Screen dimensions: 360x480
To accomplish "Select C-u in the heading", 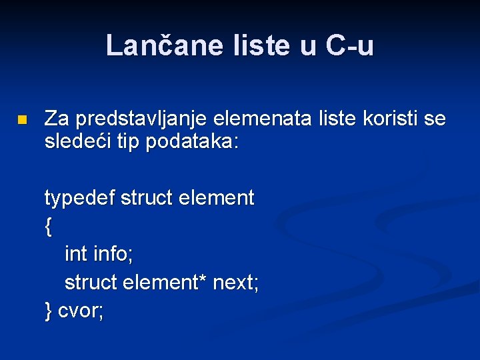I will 349,45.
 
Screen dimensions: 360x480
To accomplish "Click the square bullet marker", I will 22,121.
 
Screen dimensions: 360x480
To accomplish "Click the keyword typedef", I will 80,198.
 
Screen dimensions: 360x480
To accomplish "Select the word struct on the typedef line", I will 145,198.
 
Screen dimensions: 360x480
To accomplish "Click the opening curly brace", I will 48,227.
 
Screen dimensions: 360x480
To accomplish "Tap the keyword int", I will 76,254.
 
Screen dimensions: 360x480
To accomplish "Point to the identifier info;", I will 113,254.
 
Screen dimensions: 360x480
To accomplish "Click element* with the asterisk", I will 165,283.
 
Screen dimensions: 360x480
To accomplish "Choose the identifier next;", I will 235,283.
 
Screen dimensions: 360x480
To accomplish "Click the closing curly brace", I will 48,311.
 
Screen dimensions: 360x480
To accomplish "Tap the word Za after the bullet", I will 57,119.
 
